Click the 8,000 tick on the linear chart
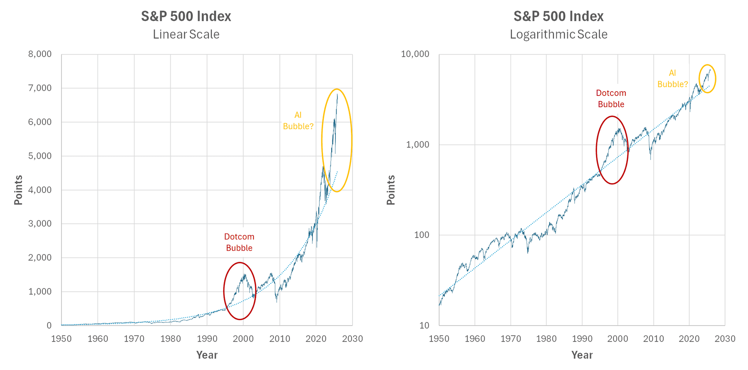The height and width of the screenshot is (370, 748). click(40, 54)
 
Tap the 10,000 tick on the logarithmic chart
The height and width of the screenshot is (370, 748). click(415, 54)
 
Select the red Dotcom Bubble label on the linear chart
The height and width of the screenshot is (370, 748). click(239, 242)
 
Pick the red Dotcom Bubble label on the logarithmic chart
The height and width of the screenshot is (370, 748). click(611, 99)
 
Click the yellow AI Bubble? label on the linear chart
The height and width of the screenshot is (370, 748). click(298, 120)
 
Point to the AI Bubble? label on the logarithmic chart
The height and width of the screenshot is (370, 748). click(672, 78)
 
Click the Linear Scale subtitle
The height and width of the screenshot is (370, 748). click(186, 34)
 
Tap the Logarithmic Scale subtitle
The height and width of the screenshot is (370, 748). click(559, 34)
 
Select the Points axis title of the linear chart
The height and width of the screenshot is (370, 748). click(18, 190)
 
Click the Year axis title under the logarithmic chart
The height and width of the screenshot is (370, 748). click(582, 355)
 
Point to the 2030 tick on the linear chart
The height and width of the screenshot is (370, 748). click(352, 339)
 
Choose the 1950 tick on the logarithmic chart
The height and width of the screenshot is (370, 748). click(439, 339)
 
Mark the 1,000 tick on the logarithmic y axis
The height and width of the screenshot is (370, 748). click(417, 145)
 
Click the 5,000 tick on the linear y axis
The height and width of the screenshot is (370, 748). click(40, 156)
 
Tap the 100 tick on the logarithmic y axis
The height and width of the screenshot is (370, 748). click(421, 235)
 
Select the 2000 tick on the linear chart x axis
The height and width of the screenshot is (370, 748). click(243, 339)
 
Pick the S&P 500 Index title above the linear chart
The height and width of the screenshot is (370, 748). click(186, 16)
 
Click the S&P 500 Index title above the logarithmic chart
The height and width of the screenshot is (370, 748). click(559, 16)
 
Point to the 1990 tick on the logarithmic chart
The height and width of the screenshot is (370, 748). click(582, 339)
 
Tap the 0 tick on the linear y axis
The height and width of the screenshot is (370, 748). click(49, 326)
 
